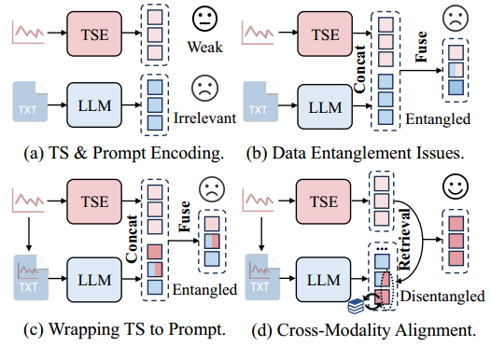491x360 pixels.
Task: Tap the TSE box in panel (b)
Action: pyautogui.click(x=326, y=35)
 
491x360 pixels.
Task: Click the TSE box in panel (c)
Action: pyautogui.click(x=93, y=201)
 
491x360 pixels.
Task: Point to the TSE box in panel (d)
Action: pyautogui.click(x=326, y=201)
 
